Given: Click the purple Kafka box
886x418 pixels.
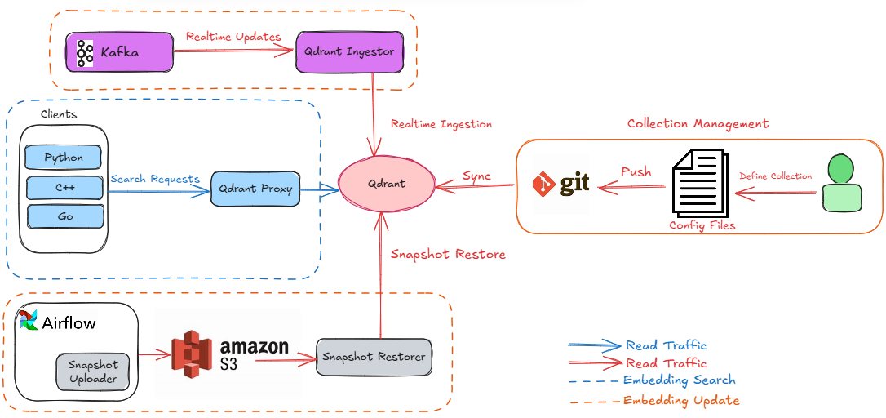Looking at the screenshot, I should pyautogui.click(x=120, y=53).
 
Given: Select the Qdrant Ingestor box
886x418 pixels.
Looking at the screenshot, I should pyautogui.click(x=349, y=51).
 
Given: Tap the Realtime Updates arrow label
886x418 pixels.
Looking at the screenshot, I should pyautogui.click(x=233, y=37).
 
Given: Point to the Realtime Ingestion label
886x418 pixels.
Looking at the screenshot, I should pyautogui.click(x=441, y=124).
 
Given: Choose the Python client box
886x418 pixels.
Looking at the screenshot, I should pyautogui.click(x=64, y=157).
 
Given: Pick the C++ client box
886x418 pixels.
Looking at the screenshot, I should pyautogui.click(x=65, y=187).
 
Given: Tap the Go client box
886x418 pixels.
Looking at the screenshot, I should pyautogui.click(x=65, y=216).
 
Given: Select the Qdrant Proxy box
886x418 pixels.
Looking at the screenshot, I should pyautogui.click(x=255, y=189).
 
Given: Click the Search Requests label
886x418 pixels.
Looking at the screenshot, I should pyautogui.click(x=155, y=179).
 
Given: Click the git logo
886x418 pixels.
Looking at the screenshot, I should pyautogui.click(x=561, y=185).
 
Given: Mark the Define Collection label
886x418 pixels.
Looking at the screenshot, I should pyautogui.click(x=775, y=176).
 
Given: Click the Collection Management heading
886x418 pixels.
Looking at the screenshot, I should pyautogui.click(x=698, y=124).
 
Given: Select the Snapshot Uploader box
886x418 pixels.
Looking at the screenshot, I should pyautogui.click(x=93, y=371).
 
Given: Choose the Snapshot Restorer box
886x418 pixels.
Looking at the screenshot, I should pyautogui.click(x=373, y=357).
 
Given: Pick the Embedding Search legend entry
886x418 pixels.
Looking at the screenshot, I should pyautogui.click(x=679, y=380).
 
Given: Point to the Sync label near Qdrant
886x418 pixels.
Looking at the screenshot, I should pyautogui.click(x=476, y=176).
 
